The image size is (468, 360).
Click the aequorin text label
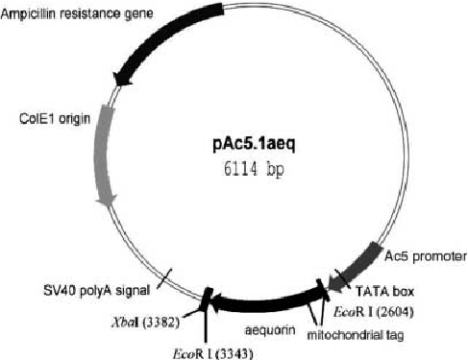coord(256,329)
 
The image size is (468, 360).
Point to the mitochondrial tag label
coord(352,335)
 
